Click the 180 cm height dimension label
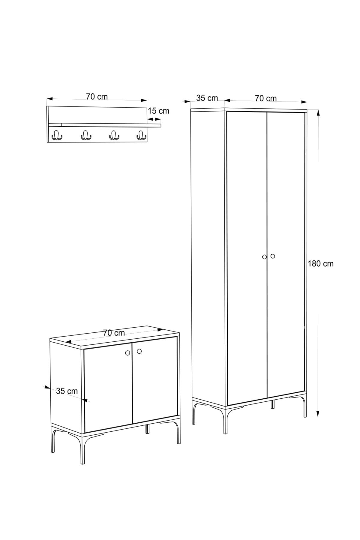(x=321, y=263)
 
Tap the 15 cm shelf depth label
(x=158, y=111)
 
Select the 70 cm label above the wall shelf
(x=97, y=97)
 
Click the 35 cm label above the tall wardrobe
(x=207, y=98)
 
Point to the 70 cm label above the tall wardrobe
(x=266, y=98)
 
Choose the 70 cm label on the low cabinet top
(x=114, y=333)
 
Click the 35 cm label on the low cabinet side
(x=67, y=391)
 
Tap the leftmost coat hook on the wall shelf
(x=57, y=136)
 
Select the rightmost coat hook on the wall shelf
(x=141, y=136)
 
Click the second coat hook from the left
(x=85, y=136)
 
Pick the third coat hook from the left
(x=114, y=136)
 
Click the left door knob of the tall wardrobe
(x=264, y=257)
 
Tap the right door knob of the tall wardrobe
(x=272, y=256)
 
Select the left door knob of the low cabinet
(x=127, y=353)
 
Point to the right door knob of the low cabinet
(x=139, y=351)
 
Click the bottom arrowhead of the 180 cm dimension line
(x=318, y=413)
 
